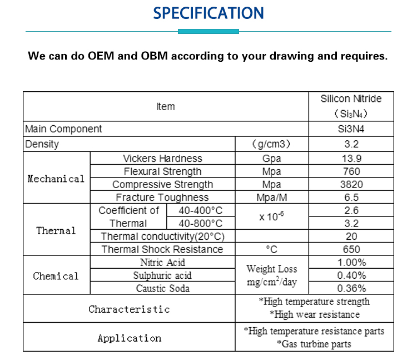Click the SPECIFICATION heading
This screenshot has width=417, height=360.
(x=209, y=13)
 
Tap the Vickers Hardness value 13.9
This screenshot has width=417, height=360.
(x=351, y=159)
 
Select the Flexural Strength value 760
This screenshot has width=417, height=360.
(x=351, y=171)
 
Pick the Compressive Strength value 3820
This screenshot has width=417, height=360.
(x=351, y=184)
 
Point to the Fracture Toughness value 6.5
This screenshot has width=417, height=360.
(x=351, y=198)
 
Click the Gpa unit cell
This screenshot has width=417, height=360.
(x=272, y=159)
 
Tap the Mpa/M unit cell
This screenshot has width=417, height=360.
(x=272, y=198)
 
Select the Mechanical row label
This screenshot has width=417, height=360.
(x=56, y=179)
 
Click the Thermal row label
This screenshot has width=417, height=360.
(x=56, y=230)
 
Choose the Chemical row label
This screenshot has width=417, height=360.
(x=56, y=276)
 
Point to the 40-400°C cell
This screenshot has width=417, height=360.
(x=200, y=211)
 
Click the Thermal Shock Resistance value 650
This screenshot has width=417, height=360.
(x=351, y=249)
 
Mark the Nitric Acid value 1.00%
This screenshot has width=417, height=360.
(x=351, y=263)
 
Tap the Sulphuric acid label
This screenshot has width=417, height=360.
(x=162, y=275)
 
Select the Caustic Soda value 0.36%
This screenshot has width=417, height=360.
(x=351, y=288)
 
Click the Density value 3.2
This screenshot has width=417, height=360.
(x=351, y=144)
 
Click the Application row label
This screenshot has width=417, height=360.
(x=129, y=338)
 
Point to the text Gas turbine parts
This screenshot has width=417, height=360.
(x=314, y=344)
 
